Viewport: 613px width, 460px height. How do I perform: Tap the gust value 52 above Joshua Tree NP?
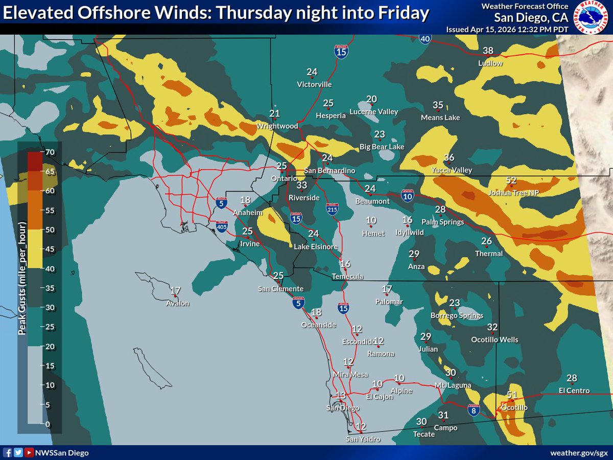point(511,180)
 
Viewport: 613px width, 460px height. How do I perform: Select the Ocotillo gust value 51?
point(512,395)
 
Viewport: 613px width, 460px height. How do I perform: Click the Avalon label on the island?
point(177,303)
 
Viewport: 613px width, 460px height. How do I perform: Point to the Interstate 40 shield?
point(425,38)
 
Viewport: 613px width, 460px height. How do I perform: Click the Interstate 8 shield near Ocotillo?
point(474,409)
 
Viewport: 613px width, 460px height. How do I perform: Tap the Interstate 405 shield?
point(221,226)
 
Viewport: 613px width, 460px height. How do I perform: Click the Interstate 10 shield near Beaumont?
point(407,196)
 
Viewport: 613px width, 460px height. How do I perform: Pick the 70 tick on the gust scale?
point(50,152)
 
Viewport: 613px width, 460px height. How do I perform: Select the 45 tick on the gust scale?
point(50,249)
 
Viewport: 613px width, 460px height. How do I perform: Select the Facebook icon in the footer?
point(8,453)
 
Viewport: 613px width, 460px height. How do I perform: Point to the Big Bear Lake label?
point(382,147)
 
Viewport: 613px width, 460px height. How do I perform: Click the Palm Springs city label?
point(442,222)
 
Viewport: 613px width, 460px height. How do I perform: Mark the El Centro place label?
point(574,390)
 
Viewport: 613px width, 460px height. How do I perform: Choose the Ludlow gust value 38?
point(488,51)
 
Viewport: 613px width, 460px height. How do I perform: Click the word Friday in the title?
point(402,13)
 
